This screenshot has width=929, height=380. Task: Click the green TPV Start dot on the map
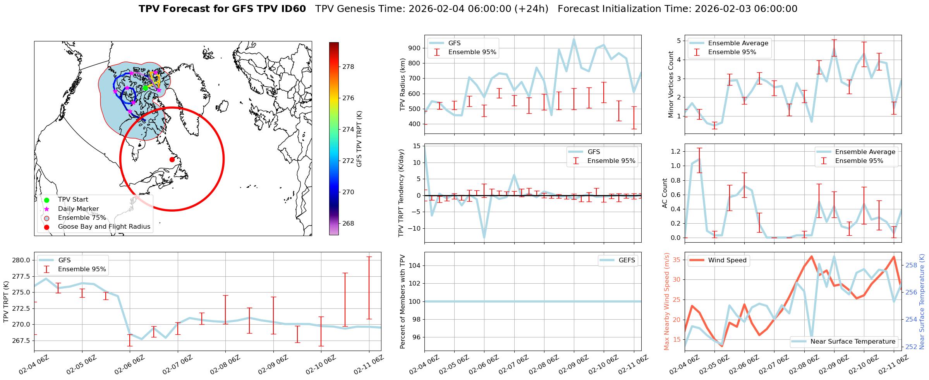click(145, 88)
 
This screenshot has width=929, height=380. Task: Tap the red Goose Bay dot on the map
click(172, 159)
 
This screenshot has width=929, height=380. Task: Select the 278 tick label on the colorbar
click(348, 67)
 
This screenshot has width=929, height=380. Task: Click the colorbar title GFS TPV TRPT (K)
click(359, 139)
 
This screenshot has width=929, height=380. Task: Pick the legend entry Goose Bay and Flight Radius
click(104, 227)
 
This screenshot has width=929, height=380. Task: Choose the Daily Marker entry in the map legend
click(78, 209)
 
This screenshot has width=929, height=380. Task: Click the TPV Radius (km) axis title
click(403, 84)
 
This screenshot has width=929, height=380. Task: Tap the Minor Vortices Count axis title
click(671, 84)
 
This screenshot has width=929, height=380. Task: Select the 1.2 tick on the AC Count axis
click(675, 151)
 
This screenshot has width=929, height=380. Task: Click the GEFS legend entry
click(627, 260)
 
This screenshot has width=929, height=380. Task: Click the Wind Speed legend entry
click(727, 260)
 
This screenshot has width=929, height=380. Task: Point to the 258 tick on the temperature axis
click(911, 265)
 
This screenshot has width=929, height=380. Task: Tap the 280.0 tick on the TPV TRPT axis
click(21, 260)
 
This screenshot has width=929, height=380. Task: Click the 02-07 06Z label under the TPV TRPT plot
click(177, 366)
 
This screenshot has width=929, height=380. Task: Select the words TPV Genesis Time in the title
click(360, 9)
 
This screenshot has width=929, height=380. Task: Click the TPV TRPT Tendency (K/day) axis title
click(401, 193)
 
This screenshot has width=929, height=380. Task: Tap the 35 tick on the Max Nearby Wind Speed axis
click(676, 260)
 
